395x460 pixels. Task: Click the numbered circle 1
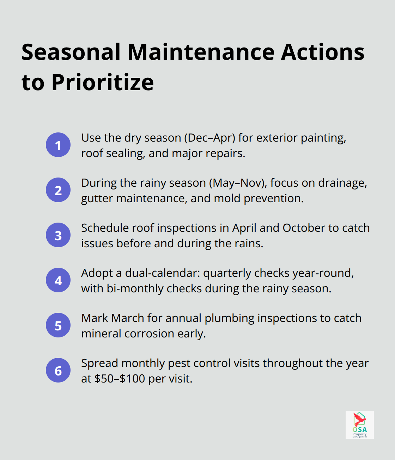(58, 145)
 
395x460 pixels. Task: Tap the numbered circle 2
(58, 190)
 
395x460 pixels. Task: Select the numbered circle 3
(58, 235)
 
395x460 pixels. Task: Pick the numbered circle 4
(58, 280)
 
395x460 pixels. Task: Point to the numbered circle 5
(58, 325)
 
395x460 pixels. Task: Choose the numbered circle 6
(58, 370)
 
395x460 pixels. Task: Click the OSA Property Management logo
(359, 424)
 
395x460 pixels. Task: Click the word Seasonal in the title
(71, 52)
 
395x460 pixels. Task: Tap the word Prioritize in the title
(103, 82)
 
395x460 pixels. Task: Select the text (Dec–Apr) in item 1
(209, 138)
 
